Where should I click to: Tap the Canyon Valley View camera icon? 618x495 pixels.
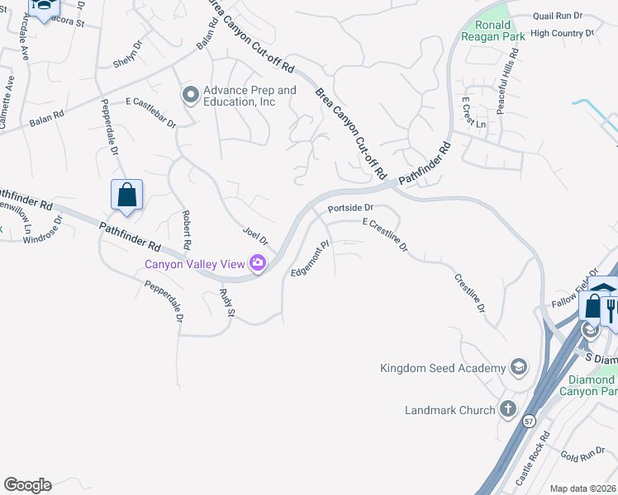[258, 263]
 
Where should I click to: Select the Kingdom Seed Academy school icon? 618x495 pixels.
[518, 367]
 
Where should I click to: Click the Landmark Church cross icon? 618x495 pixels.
[507, 409]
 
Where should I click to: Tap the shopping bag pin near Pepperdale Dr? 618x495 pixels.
[126, 196]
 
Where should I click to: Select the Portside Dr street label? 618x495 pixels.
[350, 209]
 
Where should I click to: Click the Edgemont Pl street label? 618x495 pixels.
[310, 258]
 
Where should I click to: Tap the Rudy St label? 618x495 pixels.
[229, 303]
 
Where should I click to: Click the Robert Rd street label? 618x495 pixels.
[186, 230]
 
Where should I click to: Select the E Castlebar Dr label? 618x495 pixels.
[150, 112]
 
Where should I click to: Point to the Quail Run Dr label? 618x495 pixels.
[558, 16]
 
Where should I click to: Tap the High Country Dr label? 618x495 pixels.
[562, 34]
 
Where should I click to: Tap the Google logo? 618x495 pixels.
[27, 485]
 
